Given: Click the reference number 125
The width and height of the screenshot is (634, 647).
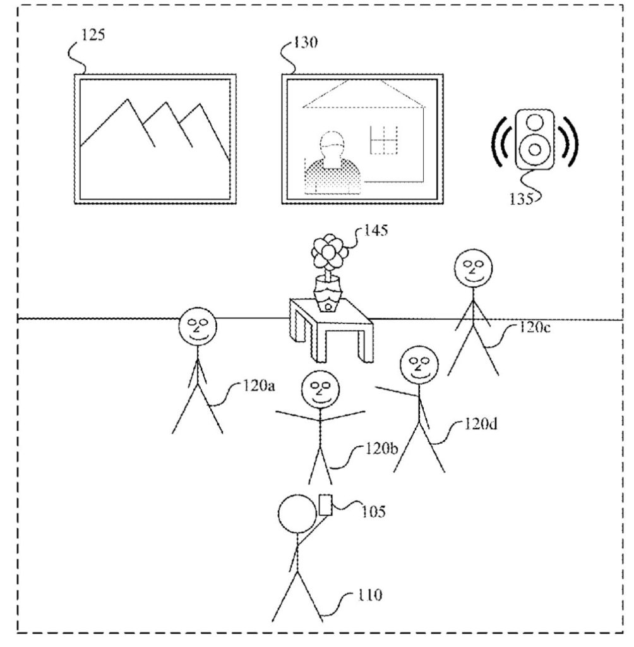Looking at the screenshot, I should point(93,35).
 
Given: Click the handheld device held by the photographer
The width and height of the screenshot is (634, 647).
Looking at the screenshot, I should point(326,505).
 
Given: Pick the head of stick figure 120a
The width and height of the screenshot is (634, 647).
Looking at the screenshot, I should point(197,329).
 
